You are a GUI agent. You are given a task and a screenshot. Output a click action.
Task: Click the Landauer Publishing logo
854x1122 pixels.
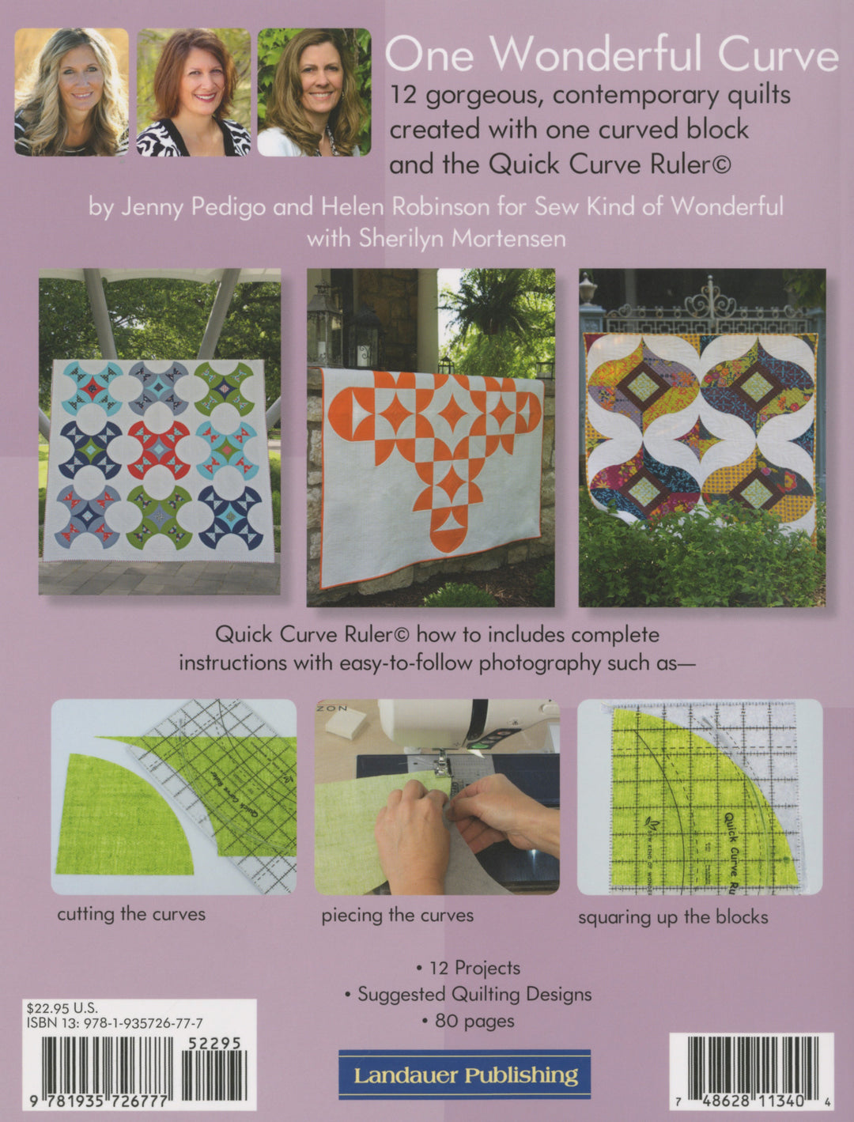465,1075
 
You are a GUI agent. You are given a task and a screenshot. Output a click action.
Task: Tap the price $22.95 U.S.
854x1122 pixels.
62,1008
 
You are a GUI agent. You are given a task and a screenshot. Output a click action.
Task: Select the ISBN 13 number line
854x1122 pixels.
115,1022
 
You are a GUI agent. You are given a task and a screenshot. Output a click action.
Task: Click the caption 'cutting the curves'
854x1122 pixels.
131,914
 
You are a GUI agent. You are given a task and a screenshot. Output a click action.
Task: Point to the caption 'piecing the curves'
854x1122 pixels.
397,916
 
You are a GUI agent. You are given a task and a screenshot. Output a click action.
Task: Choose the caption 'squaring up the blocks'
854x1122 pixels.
673,917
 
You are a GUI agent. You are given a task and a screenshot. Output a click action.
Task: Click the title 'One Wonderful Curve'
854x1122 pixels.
610,55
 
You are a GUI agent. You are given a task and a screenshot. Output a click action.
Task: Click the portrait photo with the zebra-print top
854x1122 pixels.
194,92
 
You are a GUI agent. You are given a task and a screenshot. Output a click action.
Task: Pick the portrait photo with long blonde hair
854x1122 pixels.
71,92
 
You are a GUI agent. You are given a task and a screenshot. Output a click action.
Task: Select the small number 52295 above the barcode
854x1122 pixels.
215,1044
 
